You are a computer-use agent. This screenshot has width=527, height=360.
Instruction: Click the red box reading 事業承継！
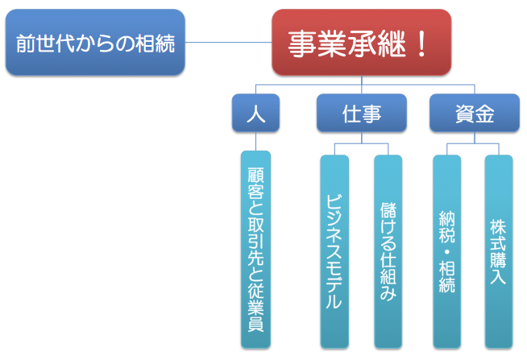pyautogui.click(x=361, y=42)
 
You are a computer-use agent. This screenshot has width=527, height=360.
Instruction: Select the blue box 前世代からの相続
pyautogui.click(x=95, y=42)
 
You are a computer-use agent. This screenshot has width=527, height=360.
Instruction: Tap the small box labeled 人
pyautogui.click(x=255, y=113)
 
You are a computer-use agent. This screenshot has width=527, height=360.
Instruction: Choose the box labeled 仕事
pyautogui.click(x=362, y=113)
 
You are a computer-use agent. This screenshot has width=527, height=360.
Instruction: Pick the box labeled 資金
pyautogui.click(x=475, y=113)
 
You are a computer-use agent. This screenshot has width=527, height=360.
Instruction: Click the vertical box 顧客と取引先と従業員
pyautogui.click(x=255, y=250)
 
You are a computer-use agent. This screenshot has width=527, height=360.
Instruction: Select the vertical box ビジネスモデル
pyautogui.click(x=334, y=251)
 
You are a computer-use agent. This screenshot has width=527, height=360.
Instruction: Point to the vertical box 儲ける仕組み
pyautogui.click(x=388, y=251)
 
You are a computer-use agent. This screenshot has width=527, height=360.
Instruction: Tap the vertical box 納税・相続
pyautogui.click(x=447, y=251)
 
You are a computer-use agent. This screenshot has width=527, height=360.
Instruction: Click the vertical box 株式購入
pyautogui.click(x=499, y=251)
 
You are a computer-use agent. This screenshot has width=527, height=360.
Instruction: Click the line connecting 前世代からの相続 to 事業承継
pyautogui.click(x=229, y=43)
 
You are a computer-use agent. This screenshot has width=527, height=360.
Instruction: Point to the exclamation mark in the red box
pyautogui.click(x=421, y=43)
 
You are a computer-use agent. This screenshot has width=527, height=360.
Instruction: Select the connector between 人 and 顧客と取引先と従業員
pyautogui.click(x=255, y=141)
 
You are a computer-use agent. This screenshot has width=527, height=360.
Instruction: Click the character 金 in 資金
pyautogui.click(x=484, y=114)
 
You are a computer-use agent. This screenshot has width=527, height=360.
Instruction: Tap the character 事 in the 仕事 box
pyautogui.click(x=371, y=114)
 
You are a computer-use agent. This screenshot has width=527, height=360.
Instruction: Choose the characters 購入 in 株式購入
pyautogui.click(x=499, y=268)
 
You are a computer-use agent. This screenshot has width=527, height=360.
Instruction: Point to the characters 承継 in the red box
pyautogui.click(x=377, y=43)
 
